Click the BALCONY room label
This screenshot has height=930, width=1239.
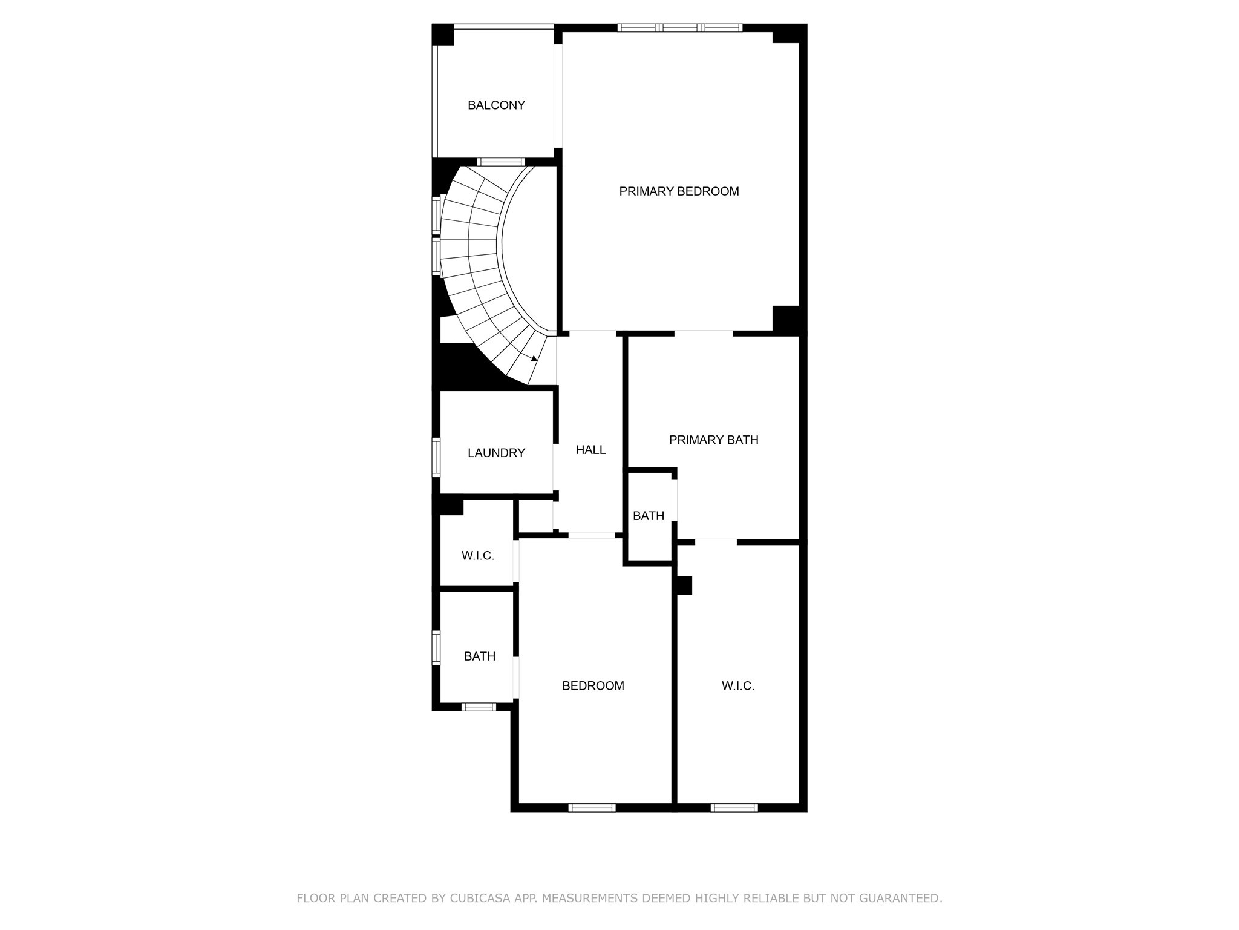pyautogui.click(x=496, y=105)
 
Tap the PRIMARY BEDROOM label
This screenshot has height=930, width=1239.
pyautogui.click(x=679, y=191)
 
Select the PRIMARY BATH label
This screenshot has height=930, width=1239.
pyautogui.click(x=713, y=440)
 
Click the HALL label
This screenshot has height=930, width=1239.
pyautogui.click(x=590, y=450)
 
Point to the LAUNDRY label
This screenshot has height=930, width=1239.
pyautogui.click(x=496, y=453)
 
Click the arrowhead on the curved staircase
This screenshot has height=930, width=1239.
pyautogui.click(x=534, y=358)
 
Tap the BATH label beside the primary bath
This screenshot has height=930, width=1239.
pyautogui.click(x=649, y=516)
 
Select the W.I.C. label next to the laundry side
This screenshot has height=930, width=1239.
pyautogui.click(x=478, y=556)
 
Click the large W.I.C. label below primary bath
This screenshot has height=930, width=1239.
pyautogui.click(x=737, y=686)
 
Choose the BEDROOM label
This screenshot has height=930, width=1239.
pyautogui.click(x=593, y=686)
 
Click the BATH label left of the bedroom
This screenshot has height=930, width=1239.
pyautogui.click(x=480, y=656)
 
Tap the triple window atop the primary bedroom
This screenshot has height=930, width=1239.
pyautogui.click(x=680, y=28)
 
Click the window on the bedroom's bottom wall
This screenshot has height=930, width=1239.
pyautogui.click(x=592, y=807)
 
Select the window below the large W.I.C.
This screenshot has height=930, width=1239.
pyautogui.click(x=734, y=807)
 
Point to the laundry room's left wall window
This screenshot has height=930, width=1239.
pyautogui.click(x=436, y=457)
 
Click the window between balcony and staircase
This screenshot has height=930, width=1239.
pyautogui.click(x=500, y=162)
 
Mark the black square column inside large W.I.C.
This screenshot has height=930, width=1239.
pyautogui.click(x=684, y=585)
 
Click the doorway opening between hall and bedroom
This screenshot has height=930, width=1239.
pyautogui.click(x=592, y=535)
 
